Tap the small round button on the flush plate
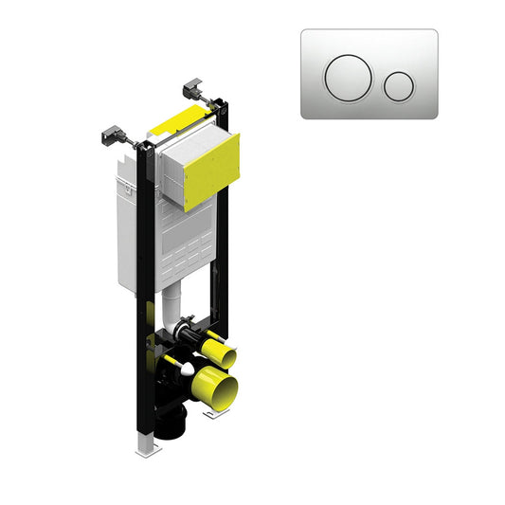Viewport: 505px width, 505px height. click(399, 85)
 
